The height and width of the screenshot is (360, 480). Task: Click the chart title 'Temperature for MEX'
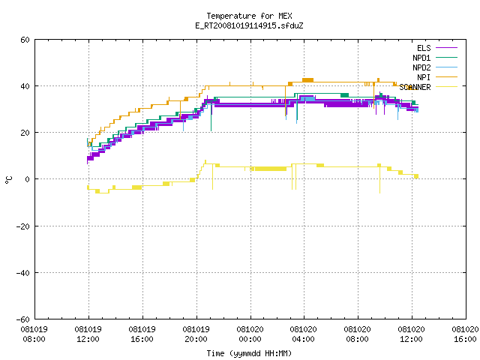pyautogui.click(x=249, y=16)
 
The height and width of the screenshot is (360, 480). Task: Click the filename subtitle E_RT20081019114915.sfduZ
pyautogui.click(x=249, y=25)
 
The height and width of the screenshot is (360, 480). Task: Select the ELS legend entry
pyautogui.click(x=437, y=48)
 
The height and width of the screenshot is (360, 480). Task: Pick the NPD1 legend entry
pyautogui.click(x=435, y=58)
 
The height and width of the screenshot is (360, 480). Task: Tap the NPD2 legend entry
pyautogui.click(x=435, y=67)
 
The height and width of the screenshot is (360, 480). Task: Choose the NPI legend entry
pyautogui.click(x=437, y=77)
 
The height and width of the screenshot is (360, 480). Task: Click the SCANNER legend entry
pyautogui.click(x=428, y=87)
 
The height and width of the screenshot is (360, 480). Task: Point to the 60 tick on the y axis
pyautogui.click(x=25, y=40)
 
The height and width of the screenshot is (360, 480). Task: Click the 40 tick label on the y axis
pyautogui.click(x=25, y=86)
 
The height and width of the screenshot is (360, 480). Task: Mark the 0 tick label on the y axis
pyautogui.click(x=28, y=179)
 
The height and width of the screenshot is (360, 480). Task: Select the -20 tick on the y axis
pyautogui.click(x=23, y=226)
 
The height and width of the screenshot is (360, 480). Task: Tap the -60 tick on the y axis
pyautogui.click(x=23, y=319)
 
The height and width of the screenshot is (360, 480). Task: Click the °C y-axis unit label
pyautogui.click(x=8, y=180)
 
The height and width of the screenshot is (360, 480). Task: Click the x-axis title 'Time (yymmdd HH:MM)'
pyautogui.click(x=249, y=353)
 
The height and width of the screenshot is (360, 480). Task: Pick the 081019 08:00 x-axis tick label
pyautogui.click(x=34, y=334)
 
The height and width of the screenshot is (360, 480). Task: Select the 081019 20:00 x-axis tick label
pyautogui.click(x=196, y=334)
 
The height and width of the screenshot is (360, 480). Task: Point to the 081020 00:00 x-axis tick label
pyautogui.click(x=250, y=334)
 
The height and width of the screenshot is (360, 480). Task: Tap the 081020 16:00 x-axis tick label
pyautogui.click(x=465, y=334)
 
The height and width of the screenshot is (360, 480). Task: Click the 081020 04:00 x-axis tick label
pyautogui.click(x=303, y=334)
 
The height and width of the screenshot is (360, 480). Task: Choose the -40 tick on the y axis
pyautogui.click(x=23, y=273)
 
